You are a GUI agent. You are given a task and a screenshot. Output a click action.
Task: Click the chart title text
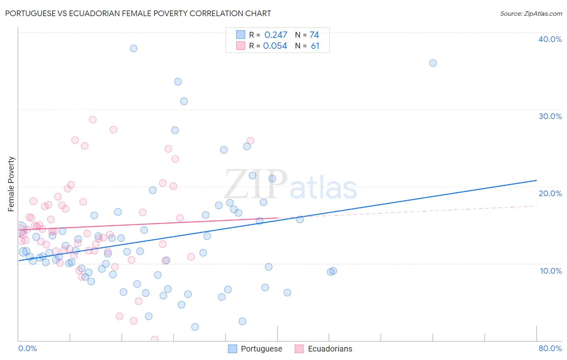[138, 13]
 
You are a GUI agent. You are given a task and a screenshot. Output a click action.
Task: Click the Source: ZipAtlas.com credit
[531, 13]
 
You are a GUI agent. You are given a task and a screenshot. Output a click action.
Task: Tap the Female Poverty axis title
[11, 184]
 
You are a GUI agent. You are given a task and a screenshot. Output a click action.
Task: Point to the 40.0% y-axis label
[550, 39]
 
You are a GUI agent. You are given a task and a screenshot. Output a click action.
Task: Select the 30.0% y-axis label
[550, 116]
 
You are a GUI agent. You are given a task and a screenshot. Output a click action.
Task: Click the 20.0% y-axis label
[550, 193]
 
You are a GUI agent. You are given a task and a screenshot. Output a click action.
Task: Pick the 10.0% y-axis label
[550, 271]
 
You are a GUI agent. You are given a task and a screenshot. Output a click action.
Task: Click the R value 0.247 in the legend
[275, 35]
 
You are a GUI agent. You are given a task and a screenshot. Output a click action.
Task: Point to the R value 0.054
[275, 46]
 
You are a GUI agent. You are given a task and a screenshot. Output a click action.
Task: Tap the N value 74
[314, 35]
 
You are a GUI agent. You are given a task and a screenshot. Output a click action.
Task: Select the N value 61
[315, 46]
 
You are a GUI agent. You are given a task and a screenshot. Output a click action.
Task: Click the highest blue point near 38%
[133, 48]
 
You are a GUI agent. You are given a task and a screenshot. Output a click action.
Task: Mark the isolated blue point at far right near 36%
[433, 63]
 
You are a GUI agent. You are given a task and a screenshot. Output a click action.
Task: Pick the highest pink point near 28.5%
[93, 119]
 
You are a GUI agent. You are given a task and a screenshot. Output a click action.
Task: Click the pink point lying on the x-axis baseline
[154, 339]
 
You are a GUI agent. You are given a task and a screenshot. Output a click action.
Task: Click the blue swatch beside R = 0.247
[241, 35]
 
